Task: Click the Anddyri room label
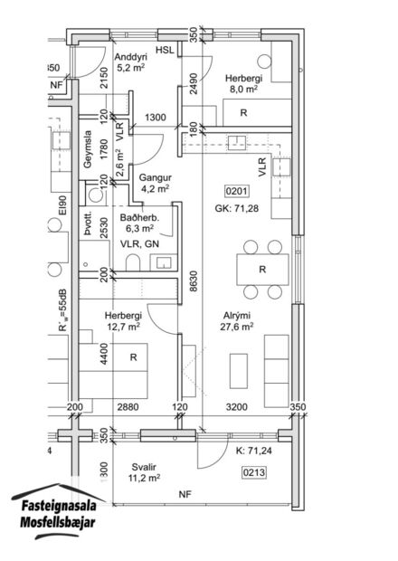pyautogui.click(x=133, y=53)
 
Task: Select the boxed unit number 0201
pyautogui.click(x=238, y=192)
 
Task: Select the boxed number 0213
pyautogui.click(x=254, y=471)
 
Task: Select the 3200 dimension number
pyautogui.click(x=236, y=409)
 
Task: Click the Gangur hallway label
pyautogui.click(x=155, y=177)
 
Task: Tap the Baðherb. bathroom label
pyautogui.click(x=141, y=219)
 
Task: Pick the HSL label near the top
pyautogui.click(x=165, y=51)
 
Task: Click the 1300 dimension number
pyautogui.click(x=155, y=119)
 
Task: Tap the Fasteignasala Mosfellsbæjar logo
pyautogui.click(x=57, y=515)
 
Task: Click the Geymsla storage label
pyautogui.click(x=89, y=152)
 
